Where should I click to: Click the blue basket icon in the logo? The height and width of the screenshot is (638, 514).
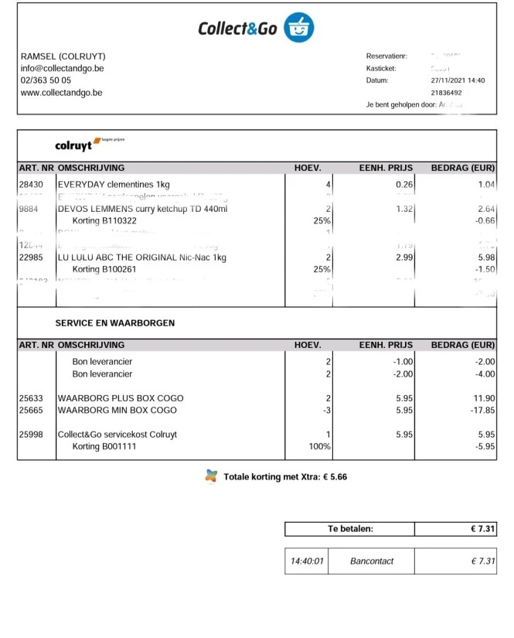point(298,28)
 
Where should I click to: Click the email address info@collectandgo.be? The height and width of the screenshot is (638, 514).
point(62,68)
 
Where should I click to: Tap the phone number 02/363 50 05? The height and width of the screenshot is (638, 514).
point(46,80)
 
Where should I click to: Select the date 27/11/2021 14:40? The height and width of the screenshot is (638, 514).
point(458,80)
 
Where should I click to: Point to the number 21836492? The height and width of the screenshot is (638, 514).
point(446,92)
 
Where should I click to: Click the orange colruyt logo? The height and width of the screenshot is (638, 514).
point(73,145)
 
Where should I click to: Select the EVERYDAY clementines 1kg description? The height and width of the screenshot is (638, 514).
point(114,185)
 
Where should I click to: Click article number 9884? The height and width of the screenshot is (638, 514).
point(29,209)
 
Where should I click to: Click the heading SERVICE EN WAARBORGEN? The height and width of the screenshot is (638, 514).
point(114,322)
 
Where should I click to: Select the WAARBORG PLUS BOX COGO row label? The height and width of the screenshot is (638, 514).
point(117,398)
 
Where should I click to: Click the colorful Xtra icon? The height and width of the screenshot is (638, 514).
point(211,476)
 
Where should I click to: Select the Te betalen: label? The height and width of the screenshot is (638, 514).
point(350,529)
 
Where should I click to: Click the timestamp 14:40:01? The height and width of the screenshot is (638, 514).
point(307,561)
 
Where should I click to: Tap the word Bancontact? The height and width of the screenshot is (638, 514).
point(372,561)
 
